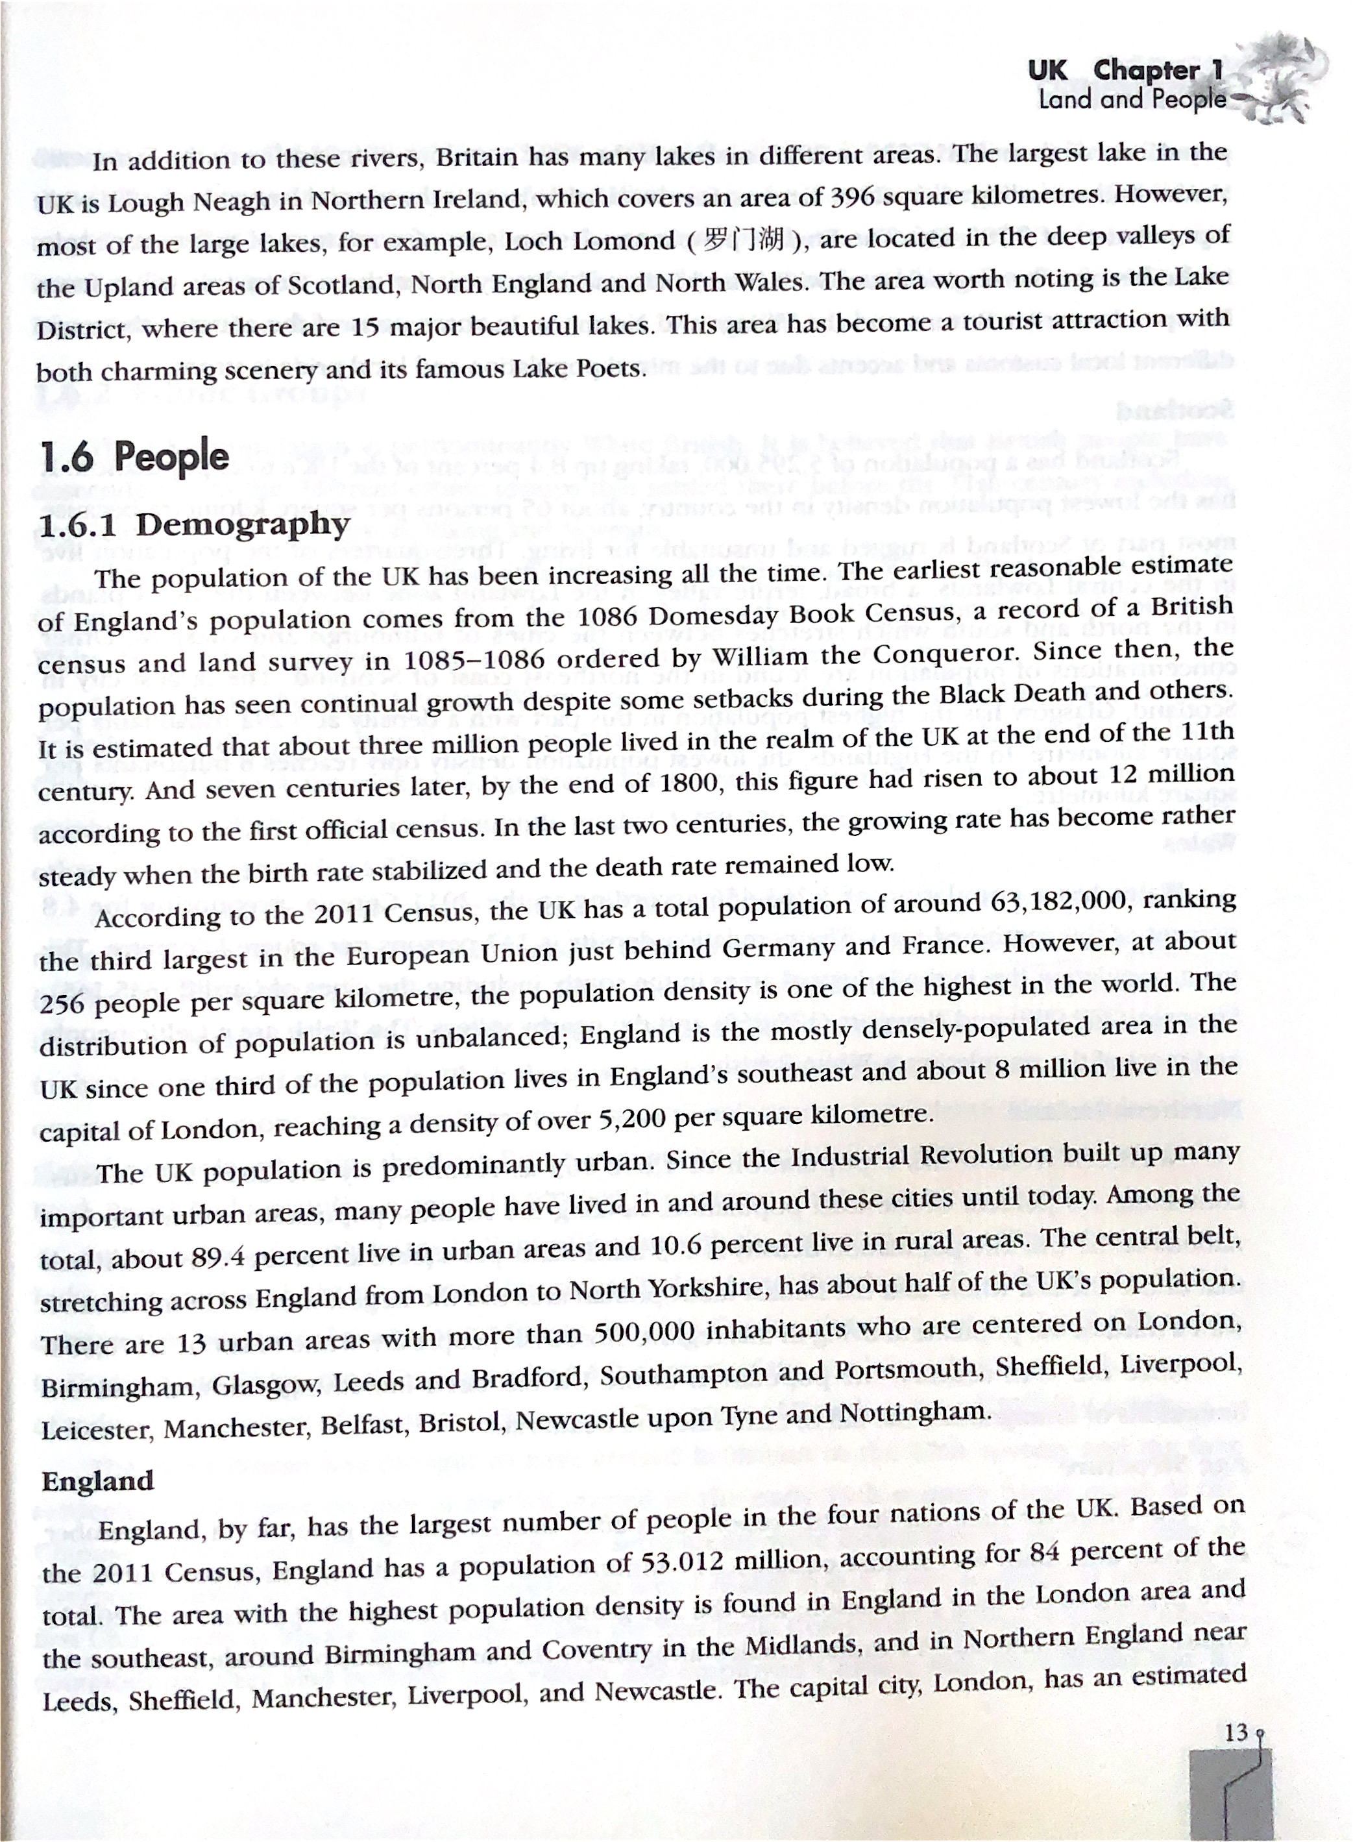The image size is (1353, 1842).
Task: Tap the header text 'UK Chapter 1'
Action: [1125, 71]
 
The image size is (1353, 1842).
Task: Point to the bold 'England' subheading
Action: [97, 1481]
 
